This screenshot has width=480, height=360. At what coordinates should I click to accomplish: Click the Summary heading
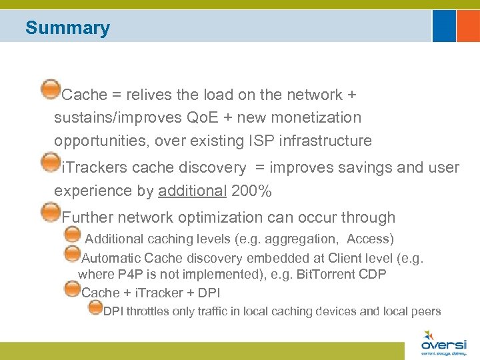tap(67, 28)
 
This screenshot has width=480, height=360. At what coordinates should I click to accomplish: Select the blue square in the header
tap(444, 25)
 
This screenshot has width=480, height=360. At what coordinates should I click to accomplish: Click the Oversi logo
tap(443, 343)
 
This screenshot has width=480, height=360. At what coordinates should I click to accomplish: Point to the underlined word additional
tap(193, 191)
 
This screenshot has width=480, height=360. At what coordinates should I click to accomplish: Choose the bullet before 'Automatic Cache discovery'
tap(73, 253)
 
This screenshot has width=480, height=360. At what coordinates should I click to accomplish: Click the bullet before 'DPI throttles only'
tap(95, 307)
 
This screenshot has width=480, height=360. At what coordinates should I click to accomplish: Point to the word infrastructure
tap(323, 141)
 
